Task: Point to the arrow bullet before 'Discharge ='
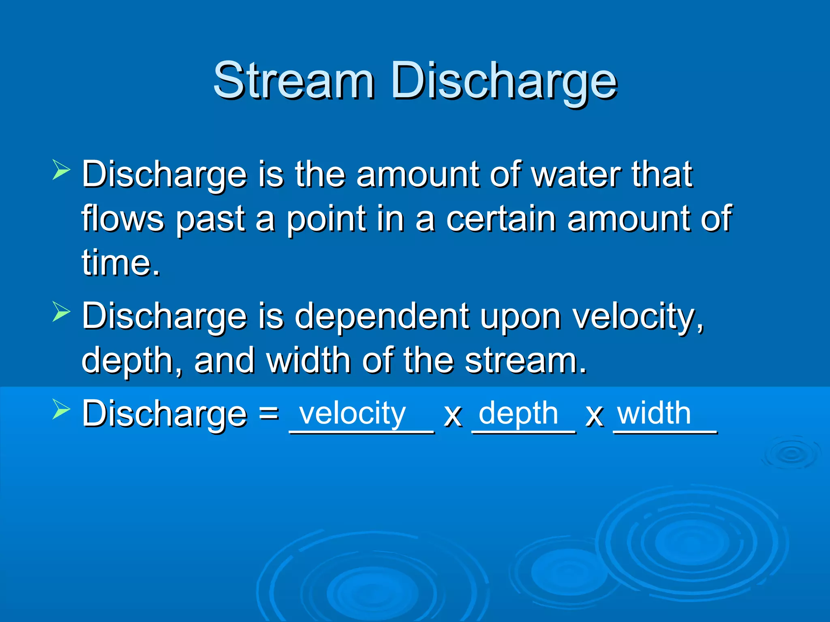point(61,409)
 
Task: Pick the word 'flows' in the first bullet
point(122,219)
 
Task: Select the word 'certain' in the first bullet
point(501,219)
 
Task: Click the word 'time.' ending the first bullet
point(121,263)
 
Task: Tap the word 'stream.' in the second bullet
point(526,360)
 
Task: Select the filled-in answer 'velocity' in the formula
point(352,414)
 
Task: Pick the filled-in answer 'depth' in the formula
point(518,414)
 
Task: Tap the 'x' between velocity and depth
point(453,416)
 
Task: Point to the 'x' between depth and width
point(595,416)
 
